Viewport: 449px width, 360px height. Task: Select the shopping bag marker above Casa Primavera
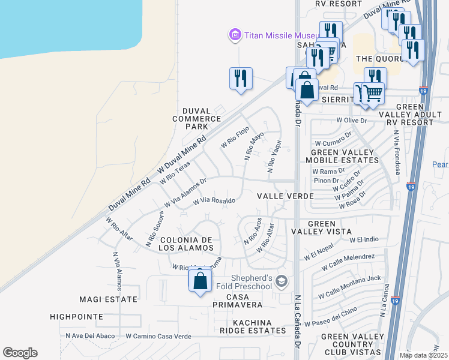point(200,281)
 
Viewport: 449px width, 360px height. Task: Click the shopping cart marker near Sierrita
point(373,94)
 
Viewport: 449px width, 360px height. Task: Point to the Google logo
point(20,353)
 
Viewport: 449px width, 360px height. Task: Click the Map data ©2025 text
point(423,355)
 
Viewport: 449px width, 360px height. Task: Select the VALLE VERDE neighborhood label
point(285,196)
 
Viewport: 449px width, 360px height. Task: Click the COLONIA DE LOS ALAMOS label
point(187,244)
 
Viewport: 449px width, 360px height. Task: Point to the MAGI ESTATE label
point(109,299)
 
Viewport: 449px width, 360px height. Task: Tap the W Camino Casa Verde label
point(158,337)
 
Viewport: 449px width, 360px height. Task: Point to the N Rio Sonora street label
point(154,229)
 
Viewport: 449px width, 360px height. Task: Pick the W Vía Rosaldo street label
point(213,201)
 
